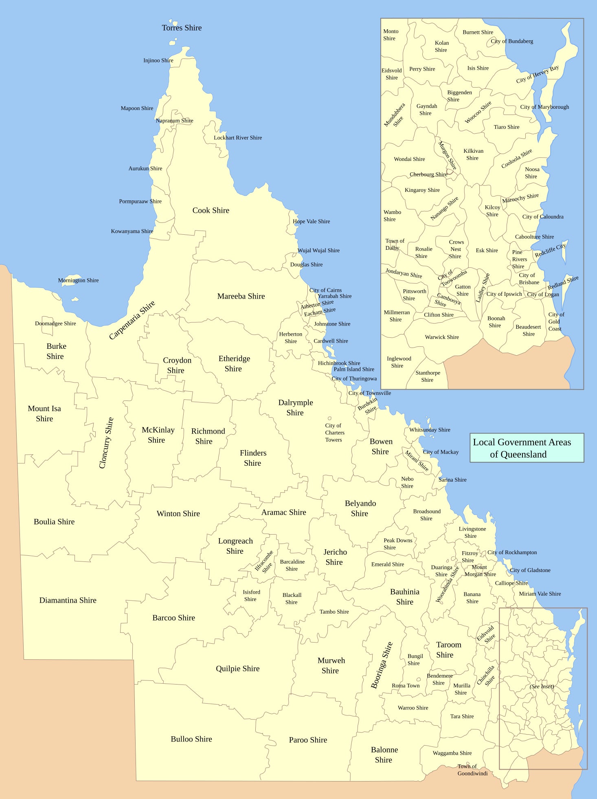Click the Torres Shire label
click(182, 28)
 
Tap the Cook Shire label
click(211, 210)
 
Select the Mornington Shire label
click(78, 280)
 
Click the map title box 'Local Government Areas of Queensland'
click(527, 448)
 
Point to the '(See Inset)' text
click(542, 687)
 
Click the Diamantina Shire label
click(68, 600)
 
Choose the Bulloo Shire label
click(191, 739)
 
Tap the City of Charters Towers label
click(334, 433)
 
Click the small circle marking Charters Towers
click(329, 418)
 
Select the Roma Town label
click(406, 686)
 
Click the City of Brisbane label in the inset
click(529, 279)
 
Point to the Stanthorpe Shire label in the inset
click(428, 376)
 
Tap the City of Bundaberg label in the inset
click(511, 41)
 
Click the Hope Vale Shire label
click(311, 221)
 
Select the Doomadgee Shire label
click(55, 324)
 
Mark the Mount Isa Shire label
click(44, 414)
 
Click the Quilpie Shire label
click(237, 669)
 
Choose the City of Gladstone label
click(530, 570)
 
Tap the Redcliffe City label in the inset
click(550, 250)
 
